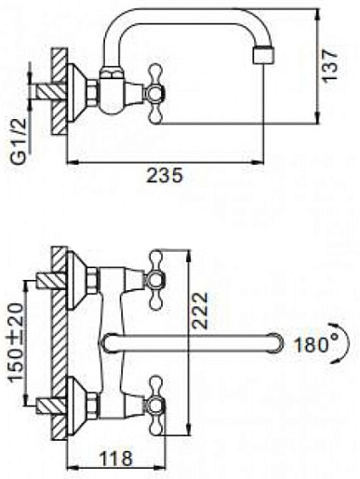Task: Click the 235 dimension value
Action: (x=165, y=176)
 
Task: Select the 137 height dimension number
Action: (x=329, y=65)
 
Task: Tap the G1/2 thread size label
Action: (x=20, y=141)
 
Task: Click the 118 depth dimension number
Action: (x=115, y=459)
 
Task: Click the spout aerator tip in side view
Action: (x=263, y=55)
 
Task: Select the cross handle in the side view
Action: (x=155, y=94)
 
